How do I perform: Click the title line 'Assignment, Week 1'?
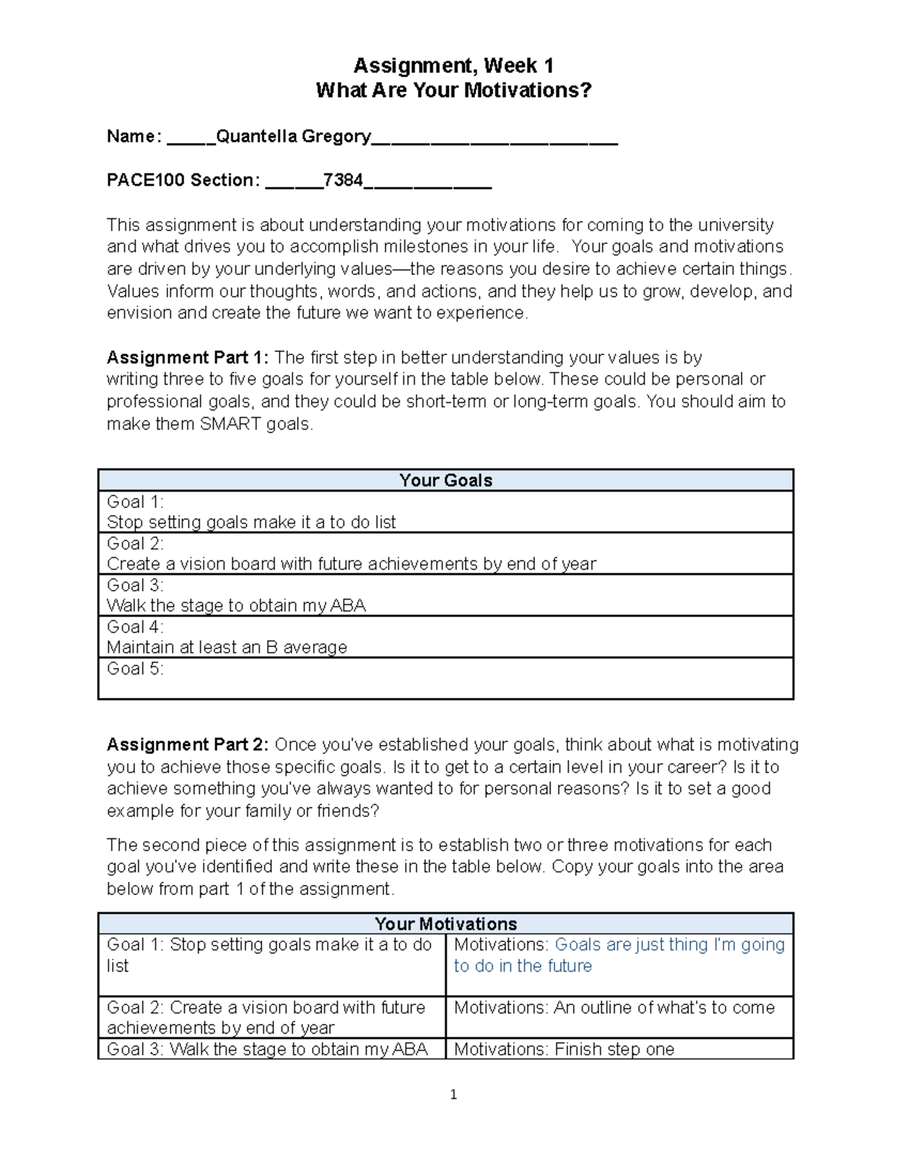click(x=453, y=66)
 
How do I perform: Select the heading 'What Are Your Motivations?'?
click(x=453, y=91)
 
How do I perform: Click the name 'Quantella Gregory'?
click(x=293, y=136)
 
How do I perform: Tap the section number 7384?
click(x=342, y=180)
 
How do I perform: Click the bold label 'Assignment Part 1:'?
click(x=187, y=357)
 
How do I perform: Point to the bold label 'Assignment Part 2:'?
click(x=187, y=744)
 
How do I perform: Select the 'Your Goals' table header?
click(x=445, y=480)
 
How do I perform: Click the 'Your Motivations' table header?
click(x=445, y=924)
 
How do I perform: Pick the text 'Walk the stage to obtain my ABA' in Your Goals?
click(x=236, y=606)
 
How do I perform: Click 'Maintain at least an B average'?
click(x=226, y=647)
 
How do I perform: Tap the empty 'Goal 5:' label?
click(x=135, y=669)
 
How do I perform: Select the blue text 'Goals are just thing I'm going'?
click(x=670, y=944)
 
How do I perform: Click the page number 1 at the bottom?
click(x=453, y=1094)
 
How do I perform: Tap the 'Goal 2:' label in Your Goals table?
click(x=135, y=544)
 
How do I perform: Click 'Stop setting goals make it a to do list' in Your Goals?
click(x=251, y=522)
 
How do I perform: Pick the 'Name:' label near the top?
click(x=134, y=136)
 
